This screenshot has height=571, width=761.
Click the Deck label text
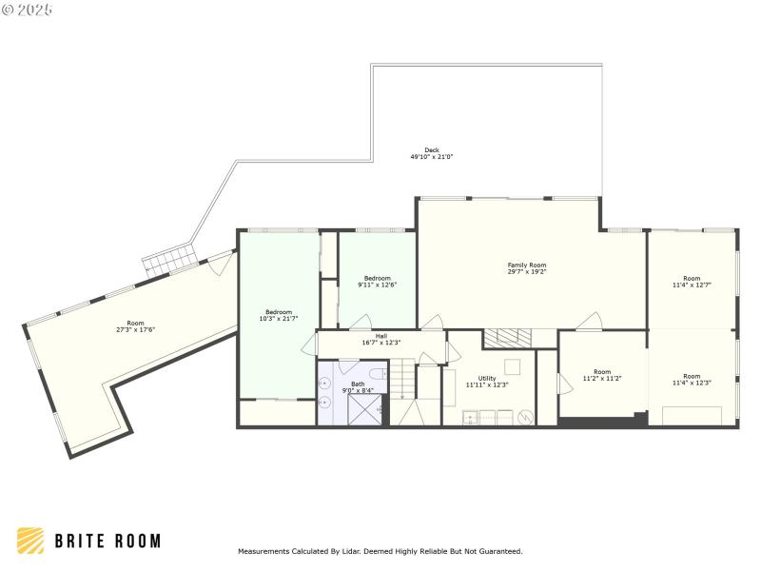[x=432, y=149]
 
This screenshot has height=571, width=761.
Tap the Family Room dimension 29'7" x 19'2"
[x=527, y=271]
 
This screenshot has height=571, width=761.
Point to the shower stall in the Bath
[x=364, y=408]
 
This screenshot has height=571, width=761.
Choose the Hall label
[x=380, y=335]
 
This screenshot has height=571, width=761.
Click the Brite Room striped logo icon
[x=30, y=541]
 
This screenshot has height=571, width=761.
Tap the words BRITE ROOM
[x=107, y=541]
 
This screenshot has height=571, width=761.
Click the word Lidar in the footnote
[x=343, y=551]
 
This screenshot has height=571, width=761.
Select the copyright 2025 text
[x=28, y=10]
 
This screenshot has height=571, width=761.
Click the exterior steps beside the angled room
[x=169, y=261]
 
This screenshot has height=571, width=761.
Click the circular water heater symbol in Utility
[x=526, y=416]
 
